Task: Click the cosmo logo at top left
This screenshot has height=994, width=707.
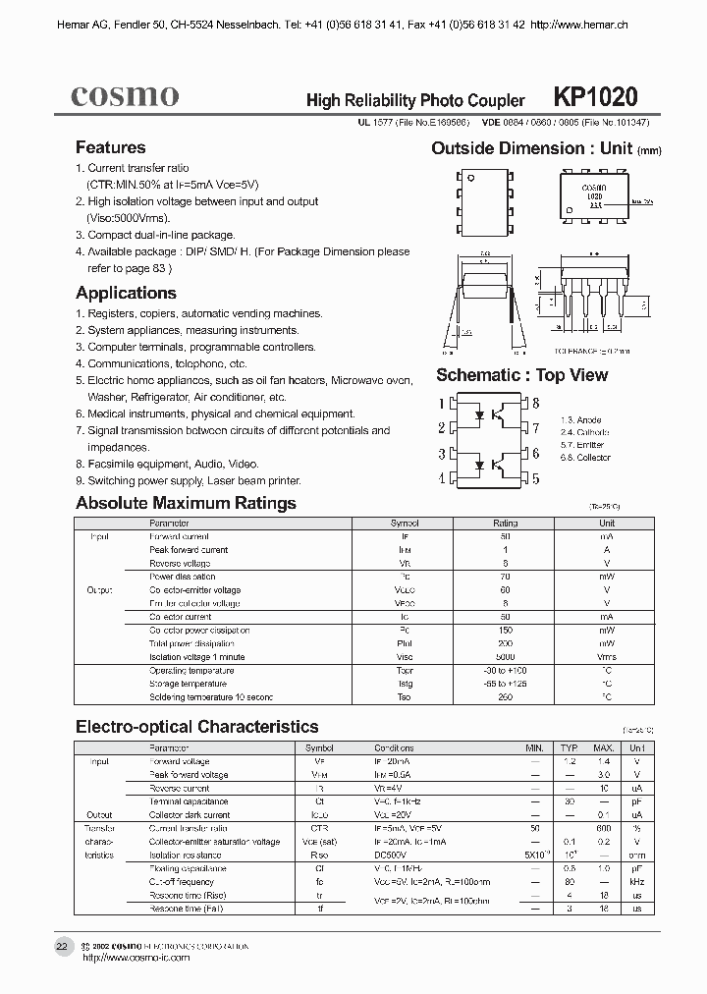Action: [x=125, y=95]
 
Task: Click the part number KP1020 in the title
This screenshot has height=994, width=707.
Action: [x=596, y=96]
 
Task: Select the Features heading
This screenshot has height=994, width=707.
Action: [x=111, y=147]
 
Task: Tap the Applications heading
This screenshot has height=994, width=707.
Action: [x=126, y=293]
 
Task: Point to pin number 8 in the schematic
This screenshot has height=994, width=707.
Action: [x=536, y=403]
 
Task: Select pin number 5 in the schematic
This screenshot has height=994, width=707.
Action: [x=536, y=477]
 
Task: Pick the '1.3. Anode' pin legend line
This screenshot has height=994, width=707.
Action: [x=580, y=420]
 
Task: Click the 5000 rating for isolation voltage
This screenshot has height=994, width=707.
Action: [x=505, y=657]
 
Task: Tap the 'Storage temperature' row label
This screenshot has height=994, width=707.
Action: [x=188, y=684]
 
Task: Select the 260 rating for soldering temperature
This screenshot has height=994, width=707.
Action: [x=505, y=697]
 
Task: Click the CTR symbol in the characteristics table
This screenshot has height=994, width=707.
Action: [x=320, y=829]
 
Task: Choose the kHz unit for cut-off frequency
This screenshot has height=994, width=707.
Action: [x=637, y=882]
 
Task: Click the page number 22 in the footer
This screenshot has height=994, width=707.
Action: [x=62, y=947]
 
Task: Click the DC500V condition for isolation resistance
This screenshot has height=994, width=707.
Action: [x=394, y=856]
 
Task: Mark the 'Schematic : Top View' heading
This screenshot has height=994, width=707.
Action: [x=521, y=375]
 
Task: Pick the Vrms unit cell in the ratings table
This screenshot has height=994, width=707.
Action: [x=607, y=657]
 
